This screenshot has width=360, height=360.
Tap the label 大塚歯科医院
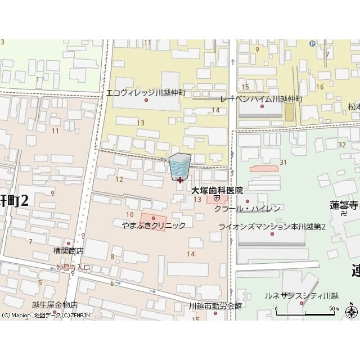(217, 191)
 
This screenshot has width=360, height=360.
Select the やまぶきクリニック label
(154, 225)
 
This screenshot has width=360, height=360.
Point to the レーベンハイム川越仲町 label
(261, 98)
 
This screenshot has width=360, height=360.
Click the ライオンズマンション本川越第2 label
(272, 226)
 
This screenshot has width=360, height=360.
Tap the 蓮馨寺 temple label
(344, 205)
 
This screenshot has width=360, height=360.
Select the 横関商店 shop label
(68, 251)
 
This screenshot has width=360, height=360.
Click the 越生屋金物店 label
(55, 304)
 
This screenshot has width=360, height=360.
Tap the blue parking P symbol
(312, 43)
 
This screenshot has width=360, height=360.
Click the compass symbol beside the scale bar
(352, 311)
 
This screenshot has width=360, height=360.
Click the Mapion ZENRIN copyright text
(45, 316)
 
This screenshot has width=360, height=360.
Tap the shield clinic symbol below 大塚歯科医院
(217, 199)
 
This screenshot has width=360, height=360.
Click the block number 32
(342, 145)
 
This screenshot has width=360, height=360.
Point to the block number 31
(283, 162)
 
